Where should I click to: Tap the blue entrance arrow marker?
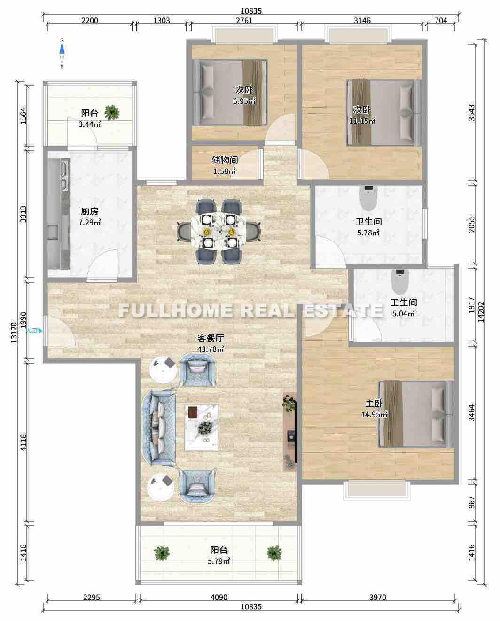coord(40,331)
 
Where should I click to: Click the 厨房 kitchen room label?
coord(89,211)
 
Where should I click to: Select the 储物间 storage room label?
coord(225,160)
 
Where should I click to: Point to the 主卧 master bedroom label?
coord(374,403)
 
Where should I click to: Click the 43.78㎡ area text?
coord(211,349)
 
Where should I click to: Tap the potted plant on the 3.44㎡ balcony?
coord(112,113)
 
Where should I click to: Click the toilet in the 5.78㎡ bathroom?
coord(368,198)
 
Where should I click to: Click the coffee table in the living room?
coord(202,427)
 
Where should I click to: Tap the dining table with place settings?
coord(218,232)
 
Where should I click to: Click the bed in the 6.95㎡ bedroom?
coord(230,93)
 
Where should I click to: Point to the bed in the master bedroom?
coord(416,414)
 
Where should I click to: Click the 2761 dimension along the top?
coord(244,21)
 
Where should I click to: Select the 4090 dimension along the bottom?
coord(219,597)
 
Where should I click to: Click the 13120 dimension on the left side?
coord(14,333)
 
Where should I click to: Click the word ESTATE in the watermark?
coord(344,310)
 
